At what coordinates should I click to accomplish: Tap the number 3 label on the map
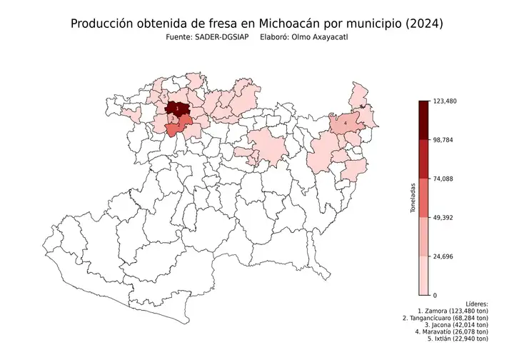pos(172,119)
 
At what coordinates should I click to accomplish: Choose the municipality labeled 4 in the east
pos(346,123)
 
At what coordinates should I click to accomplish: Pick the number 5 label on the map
pos(164,96)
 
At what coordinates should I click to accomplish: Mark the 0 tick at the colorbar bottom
pos(435,295)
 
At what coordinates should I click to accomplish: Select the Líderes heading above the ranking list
pos(475,304)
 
